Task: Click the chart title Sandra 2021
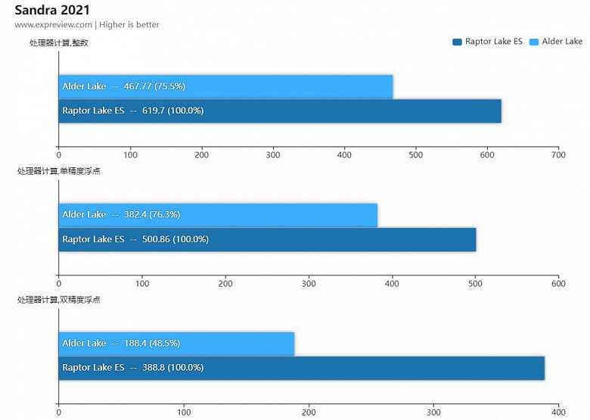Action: pos(52,10)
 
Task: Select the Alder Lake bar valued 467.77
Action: pos(225,86)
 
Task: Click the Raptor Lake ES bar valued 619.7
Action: pos(280,110)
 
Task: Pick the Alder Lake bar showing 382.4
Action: pos(218,215)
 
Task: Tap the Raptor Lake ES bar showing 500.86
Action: pos(267,239)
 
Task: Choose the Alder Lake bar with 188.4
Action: pos(176,344)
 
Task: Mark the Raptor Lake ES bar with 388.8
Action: pos(301,368)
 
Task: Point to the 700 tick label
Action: pos(558,155)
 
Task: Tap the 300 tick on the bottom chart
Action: pos(433,412)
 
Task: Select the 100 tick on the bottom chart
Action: pos(184,412)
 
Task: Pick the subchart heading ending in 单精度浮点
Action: pos(59,171)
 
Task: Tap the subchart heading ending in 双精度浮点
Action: pos(59,300)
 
